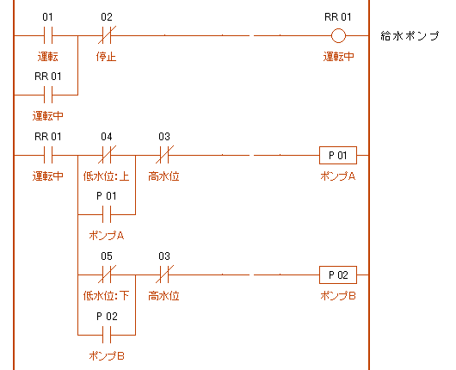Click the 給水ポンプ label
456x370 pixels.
410,36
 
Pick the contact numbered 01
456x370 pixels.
47,35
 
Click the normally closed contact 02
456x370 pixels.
107,35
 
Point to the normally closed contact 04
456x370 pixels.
107,155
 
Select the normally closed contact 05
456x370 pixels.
107,274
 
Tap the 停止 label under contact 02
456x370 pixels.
106,57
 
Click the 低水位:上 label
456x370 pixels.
106,176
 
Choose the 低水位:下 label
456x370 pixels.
106,296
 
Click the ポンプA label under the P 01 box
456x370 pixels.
338,176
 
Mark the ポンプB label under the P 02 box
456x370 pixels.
338,296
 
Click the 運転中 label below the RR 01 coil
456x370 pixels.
338,57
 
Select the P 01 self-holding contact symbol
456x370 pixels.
107,214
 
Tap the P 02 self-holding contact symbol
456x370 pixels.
107,335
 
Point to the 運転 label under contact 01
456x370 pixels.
47,57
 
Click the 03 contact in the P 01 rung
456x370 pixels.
164,155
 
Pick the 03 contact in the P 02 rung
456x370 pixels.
164,274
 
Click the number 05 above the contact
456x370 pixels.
107,256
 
